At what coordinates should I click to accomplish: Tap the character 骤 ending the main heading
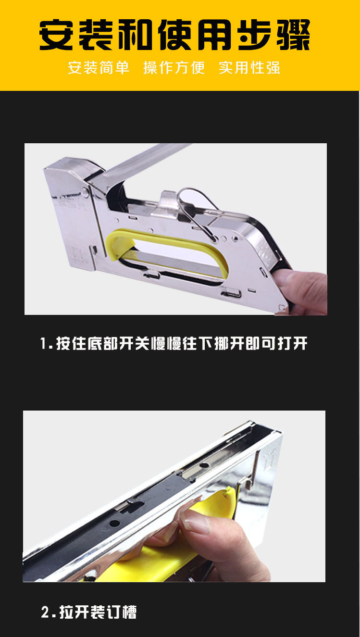294,35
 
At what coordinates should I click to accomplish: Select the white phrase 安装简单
99,68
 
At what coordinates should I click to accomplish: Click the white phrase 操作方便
174,68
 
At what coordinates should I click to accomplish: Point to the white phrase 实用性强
249,68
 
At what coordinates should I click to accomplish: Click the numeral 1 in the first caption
43,343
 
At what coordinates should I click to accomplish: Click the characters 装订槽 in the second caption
113,612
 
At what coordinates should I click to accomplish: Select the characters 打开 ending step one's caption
293,343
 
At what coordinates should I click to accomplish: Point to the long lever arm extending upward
142,162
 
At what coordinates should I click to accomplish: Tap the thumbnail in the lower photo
195,521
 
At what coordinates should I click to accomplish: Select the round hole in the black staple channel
114,523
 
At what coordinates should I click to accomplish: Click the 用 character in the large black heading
215,35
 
